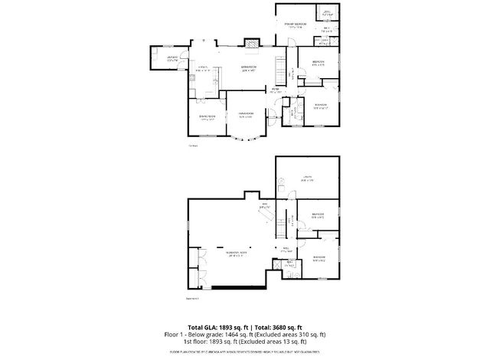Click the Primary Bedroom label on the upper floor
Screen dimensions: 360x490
[x=296, y=25]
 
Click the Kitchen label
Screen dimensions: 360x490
[x=204, y=69]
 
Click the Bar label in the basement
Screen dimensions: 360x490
[x=266, y=205]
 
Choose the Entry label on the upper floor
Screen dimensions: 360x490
[x=274, y=90]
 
